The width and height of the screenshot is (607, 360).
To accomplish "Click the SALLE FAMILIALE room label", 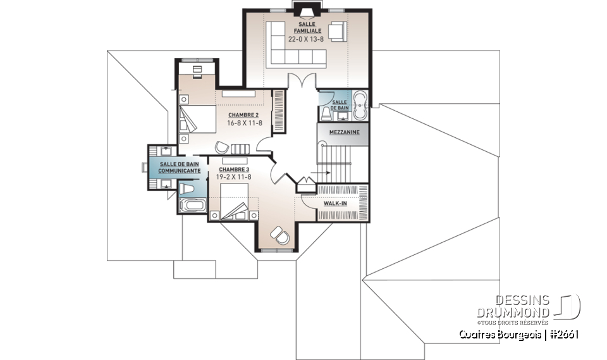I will pyautogui.click(x=307, y=27).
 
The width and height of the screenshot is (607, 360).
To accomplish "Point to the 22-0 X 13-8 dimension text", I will pyautogui.click(x=307, y=39).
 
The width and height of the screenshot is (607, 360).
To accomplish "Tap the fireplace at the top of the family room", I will pyautogui.click(x=307, y=8).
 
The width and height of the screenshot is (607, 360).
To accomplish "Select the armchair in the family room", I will pyautogui.click(x=336, y=31).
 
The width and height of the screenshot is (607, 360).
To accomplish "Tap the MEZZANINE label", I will pyautogui.click(x=344, y=132).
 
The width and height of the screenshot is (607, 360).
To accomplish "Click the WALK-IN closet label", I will pyautogui.click(x=334, y=204).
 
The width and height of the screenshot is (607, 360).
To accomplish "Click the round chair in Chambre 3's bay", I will pyautogui.click(x=280, y=235).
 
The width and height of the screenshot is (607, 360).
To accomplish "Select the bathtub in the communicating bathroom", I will pyautogui.click(x=192, y=206).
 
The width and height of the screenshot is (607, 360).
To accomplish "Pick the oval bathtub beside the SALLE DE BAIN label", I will pyautogui.click(x=360, y=105).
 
